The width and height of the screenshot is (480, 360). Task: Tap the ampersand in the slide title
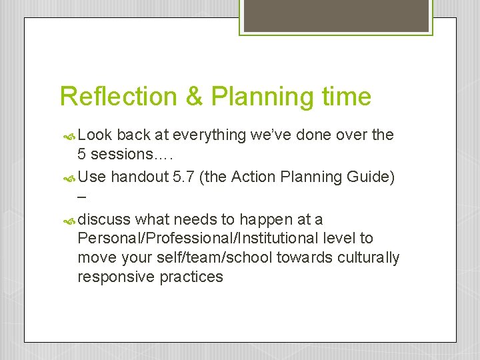point(194,97)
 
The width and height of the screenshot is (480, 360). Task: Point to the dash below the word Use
point(82,197)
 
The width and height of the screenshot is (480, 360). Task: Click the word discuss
point(104,220)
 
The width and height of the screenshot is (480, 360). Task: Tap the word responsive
point(116,277)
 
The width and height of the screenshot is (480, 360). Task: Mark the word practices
point(191,277)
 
